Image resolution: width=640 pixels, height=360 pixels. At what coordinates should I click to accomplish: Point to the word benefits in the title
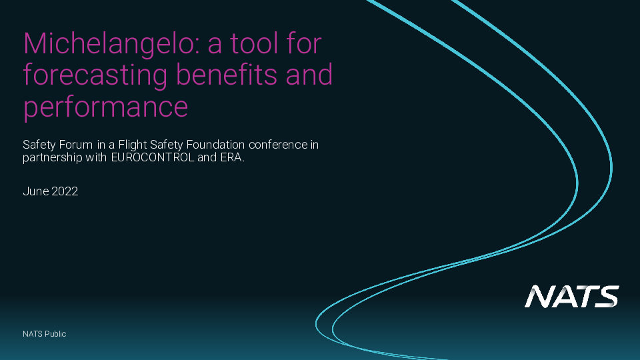click(x=226, y=74)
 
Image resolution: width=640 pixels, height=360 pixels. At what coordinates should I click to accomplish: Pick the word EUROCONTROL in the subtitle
click(x=152, y=157)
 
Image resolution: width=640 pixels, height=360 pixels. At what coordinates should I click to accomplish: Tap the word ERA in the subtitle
click(x=232, y=157)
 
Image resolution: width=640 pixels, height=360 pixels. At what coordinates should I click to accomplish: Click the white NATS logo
click(x=572, y=296)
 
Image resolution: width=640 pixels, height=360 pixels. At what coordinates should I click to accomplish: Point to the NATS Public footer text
click(x=45, y=334)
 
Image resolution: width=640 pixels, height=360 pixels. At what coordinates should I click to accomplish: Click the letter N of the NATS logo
click(x=539, y=296)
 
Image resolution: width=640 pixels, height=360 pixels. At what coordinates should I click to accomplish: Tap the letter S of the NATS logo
click(x=606, y=296)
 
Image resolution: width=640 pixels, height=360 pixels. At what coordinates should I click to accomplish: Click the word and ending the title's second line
click(x=309, y=74)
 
